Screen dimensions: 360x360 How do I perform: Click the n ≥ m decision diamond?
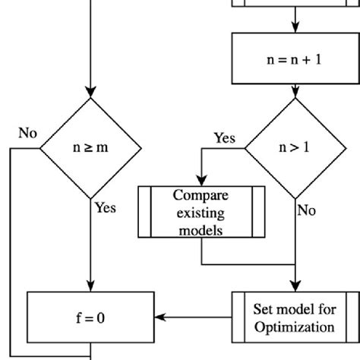[90, 148]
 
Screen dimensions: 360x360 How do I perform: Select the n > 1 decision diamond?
[294, 148]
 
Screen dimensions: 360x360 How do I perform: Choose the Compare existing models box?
[201, 212]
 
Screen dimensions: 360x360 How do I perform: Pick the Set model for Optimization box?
[294, 317]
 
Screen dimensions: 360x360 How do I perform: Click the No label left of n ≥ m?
[27, 134]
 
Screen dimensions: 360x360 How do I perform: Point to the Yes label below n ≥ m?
[105, 207]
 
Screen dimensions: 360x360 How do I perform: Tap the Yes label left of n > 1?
[224, 138]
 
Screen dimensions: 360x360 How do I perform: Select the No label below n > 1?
[306, 210]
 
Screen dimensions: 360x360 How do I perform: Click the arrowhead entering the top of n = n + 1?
[294, 30]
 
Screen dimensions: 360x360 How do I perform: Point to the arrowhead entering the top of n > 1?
[294, 93]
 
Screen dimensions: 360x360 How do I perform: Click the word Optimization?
[294, 327]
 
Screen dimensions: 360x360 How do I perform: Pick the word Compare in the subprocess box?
[201, 195]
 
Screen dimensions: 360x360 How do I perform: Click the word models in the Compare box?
[201, 229]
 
